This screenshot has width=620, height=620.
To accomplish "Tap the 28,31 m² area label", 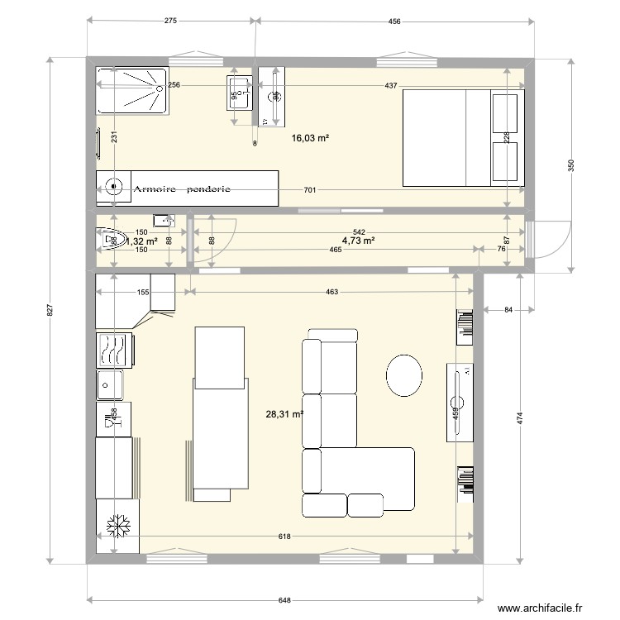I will point(284,416).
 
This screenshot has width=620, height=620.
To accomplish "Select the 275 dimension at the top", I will point(171,21).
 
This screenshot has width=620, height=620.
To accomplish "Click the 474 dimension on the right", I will point(519,419).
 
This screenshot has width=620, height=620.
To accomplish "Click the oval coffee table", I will point(404,374).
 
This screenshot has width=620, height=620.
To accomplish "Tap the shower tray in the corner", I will point(132,91).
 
